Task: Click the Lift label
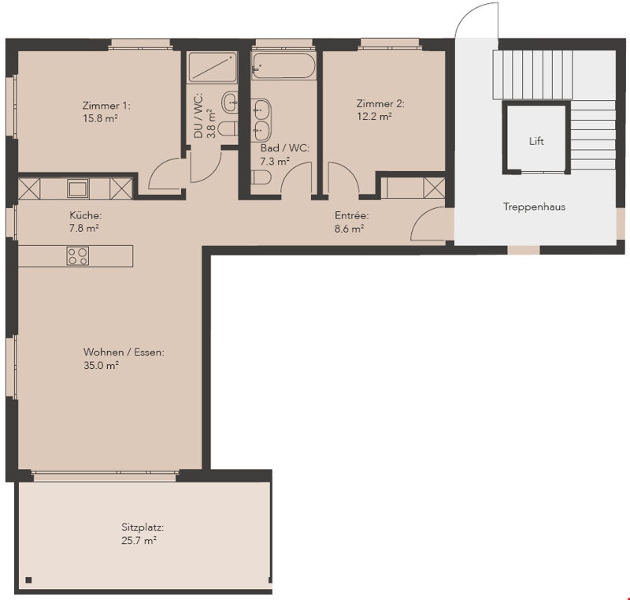coord(536,141)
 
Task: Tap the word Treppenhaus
coord(534,207)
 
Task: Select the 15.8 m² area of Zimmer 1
coord(100,118)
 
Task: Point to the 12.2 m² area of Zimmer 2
coord(374,117)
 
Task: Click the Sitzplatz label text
coord(143,527)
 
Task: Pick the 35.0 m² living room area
coord(101,366)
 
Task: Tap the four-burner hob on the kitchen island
coord(77,256)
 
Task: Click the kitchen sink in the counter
coord(78,188)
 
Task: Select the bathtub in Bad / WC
coord(283,65)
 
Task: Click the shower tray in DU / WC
coord(212,67)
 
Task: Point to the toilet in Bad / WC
coord(261,177)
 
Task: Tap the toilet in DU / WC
coord(229,129)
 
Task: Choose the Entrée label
coord(351,215)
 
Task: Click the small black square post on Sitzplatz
coord(28,580)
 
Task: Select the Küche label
coord(85,215)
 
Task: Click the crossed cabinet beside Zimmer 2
coord(435,188)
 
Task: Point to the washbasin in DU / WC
coord(231,102)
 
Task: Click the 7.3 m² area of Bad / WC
coord(275,162)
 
